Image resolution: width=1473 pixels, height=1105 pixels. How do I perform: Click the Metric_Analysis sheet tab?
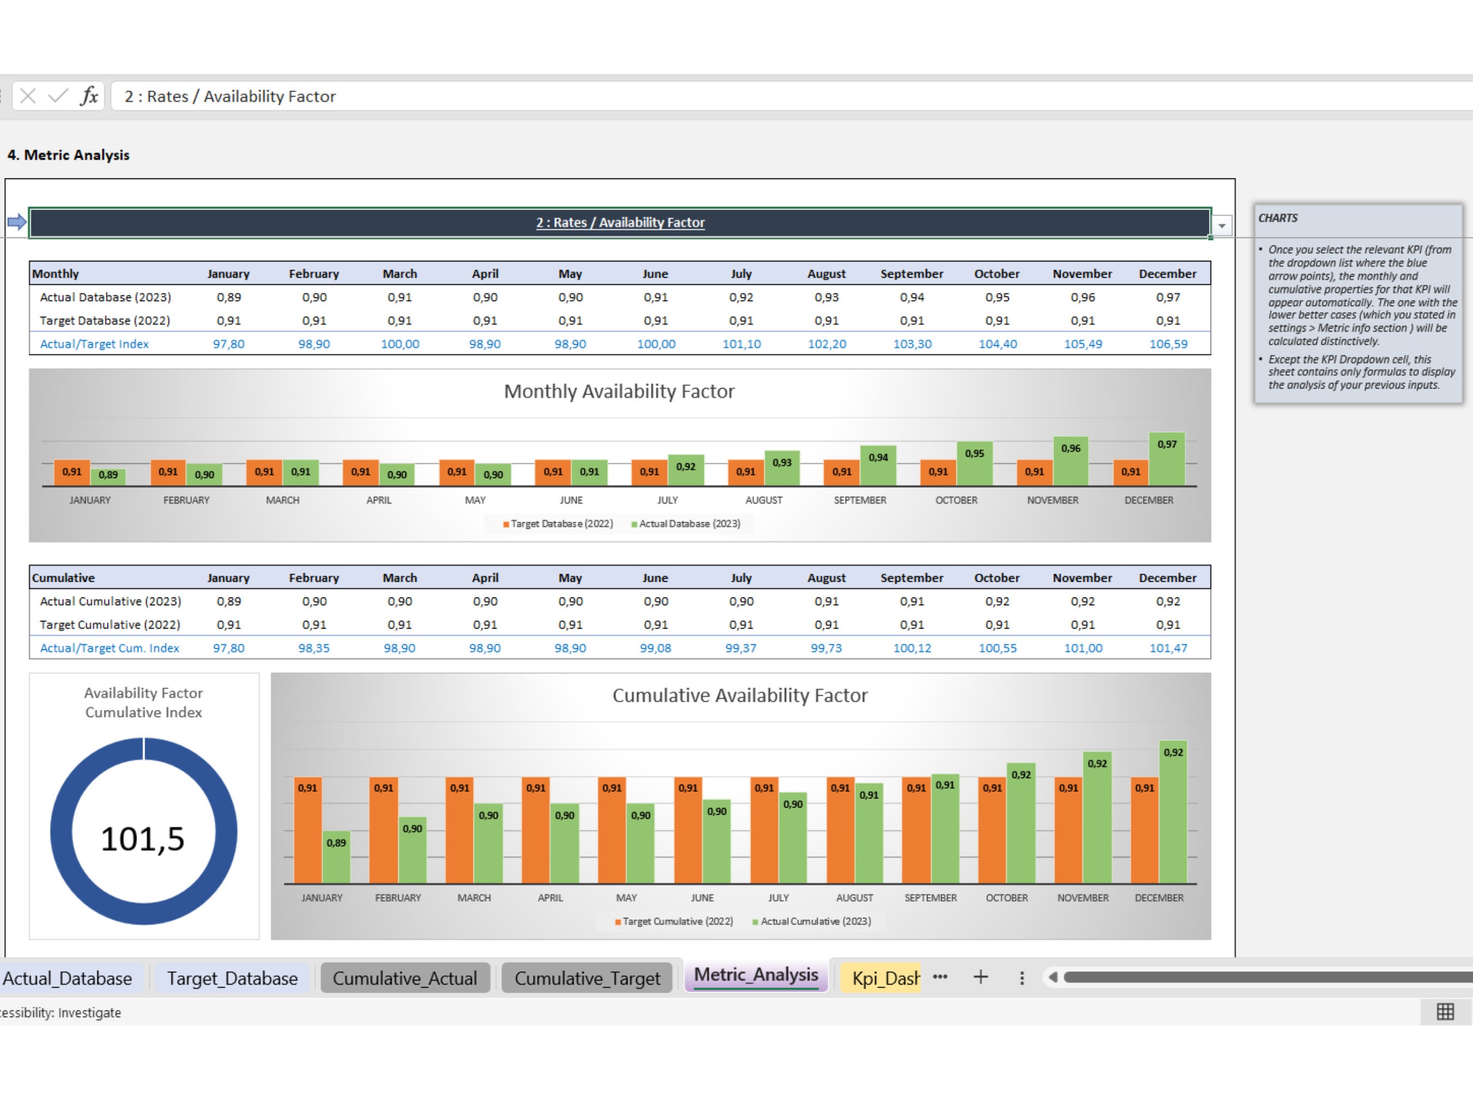coord(755,975)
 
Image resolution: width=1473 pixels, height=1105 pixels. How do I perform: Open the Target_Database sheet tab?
coord(232,978)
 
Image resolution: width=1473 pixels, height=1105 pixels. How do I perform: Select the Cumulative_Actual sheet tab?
coord(404,978)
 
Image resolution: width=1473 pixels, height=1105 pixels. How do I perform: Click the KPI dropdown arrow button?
coord(1221,226)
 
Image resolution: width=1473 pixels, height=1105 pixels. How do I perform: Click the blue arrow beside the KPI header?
coord(17,222)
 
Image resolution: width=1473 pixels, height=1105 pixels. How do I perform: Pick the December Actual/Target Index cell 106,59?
coord(1167,344)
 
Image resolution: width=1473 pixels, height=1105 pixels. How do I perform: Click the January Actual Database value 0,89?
coord(229,297)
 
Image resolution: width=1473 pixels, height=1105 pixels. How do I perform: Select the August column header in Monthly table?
coord(826,274)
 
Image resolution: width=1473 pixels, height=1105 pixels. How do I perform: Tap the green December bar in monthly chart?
coord(1167,463)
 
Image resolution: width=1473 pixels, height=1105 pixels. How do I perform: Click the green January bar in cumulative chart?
coord(336,859)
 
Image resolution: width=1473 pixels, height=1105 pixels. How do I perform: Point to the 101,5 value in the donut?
coord(142,839)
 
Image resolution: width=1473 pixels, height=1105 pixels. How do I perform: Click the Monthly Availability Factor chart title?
coord(619,391)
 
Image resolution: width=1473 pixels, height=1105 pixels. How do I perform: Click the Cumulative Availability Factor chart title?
coord(739,695)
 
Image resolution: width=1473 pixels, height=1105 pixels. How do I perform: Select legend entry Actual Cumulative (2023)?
coord(815,921)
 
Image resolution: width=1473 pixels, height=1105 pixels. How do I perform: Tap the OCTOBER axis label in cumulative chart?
coord(1006,898)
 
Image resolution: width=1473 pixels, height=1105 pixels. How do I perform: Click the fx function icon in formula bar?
coord(89,97)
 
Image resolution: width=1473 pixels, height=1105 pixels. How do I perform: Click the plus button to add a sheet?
coord(980,978)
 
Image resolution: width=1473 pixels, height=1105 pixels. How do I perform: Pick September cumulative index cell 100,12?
coord(912,648)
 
